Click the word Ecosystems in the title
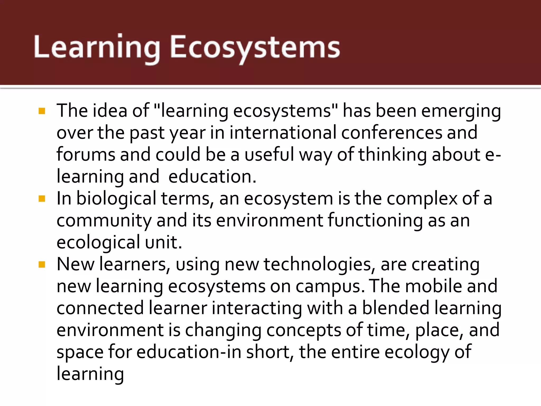pyautogui.click(x=255, y=48)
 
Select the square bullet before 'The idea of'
pyautogui.click(x=42, y=111)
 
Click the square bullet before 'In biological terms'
pyautogui.click(x=42, y=199)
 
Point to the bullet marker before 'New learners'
pyautogui.click(x=42, y=264)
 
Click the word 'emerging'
pyautogui.click(x=461, y=111)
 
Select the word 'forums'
pyautogui.click(x=86, y=155)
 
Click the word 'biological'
pyautogui.click(x=116, y=199)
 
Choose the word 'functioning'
pyautogui.click(x=375, y=220)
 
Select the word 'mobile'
pyautogui.click(x=433, y=286)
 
